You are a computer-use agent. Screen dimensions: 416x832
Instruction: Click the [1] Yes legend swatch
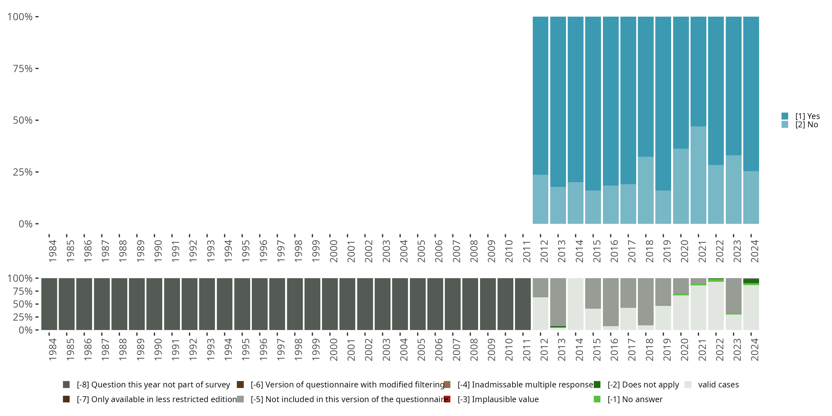click(x=785, y=116)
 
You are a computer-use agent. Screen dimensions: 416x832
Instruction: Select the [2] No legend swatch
click(x=785, y=124)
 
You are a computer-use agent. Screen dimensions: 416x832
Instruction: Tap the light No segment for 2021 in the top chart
click(x=698, y=175)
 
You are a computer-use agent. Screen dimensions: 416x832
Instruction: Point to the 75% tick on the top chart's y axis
click(x=37, y=69)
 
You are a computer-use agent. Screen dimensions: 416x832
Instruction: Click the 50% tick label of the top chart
click(x=23, y=120)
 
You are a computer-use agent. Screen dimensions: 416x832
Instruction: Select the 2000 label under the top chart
click(x=333, y=251)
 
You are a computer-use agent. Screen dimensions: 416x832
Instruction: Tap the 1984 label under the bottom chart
click(x=52, y=349)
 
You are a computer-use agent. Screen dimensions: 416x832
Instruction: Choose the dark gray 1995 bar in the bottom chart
click(x=242, y=304)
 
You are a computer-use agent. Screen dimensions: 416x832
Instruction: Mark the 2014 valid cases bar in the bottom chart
click(x=575, y=304)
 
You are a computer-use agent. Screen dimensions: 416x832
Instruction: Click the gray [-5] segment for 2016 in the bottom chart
click(x=610, y=302)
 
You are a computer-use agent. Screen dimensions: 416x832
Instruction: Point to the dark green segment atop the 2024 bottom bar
click(x=751, y=281)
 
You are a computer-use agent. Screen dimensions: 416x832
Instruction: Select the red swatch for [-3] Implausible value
click(x=447, y=399)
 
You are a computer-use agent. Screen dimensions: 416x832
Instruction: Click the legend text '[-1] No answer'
click(x=635, y=399)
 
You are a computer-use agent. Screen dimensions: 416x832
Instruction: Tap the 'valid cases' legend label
click(x=718, y=385)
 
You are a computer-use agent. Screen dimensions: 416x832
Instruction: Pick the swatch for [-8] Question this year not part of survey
click(x=66, y=385)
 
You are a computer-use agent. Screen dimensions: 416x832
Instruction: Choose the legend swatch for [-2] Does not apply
click(x=597, y=385)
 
